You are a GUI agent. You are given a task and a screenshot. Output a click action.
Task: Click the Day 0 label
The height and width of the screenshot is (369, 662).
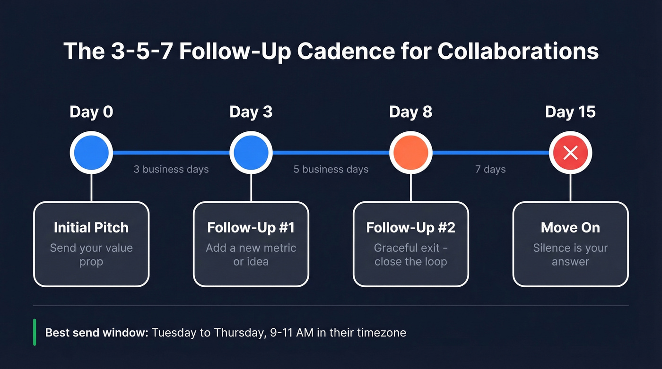[91, 112]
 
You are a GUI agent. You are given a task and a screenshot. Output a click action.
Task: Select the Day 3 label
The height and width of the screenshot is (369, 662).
[251, 112]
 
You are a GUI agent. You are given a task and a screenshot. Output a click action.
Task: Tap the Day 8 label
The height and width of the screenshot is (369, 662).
[410, 112]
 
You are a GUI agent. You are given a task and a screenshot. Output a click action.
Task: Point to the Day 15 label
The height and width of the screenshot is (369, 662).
[570, 112]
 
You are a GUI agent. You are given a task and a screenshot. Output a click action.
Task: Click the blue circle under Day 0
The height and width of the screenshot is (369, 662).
[91, 153]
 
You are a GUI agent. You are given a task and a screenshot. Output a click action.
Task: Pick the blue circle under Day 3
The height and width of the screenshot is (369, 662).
[251, 153]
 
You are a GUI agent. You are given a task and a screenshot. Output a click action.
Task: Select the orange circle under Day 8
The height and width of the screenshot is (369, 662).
[410, 153]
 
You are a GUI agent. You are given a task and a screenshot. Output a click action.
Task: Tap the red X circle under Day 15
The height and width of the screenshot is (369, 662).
[570, 153]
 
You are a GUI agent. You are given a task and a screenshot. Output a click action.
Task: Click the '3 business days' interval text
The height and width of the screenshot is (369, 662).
[171, 169]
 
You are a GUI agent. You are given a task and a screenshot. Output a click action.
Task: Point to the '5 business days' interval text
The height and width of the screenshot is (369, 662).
[331, 169]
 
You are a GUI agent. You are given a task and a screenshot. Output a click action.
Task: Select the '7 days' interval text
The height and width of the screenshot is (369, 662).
[490, 169]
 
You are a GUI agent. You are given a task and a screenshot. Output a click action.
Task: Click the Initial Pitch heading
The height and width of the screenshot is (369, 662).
[91, 227]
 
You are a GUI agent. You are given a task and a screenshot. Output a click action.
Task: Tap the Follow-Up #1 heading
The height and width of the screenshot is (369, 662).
[251, 227]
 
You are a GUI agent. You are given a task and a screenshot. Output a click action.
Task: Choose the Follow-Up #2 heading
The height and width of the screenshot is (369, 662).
[410, 227]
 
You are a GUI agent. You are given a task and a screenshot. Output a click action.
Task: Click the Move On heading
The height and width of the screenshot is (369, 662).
[570, 227]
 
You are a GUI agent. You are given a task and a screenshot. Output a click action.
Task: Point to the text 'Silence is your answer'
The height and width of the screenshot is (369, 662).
[570, 255]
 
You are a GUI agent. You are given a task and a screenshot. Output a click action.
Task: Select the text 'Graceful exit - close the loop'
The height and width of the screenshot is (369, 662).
[410, 255]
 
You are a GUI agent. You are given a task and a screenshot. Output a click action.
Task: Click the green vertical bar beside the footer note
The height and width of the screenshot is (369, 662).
[35, 332]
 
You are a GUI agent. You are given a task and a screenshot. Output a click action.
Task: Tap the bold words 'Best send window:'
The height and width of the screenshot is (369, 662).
[97, 333]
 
